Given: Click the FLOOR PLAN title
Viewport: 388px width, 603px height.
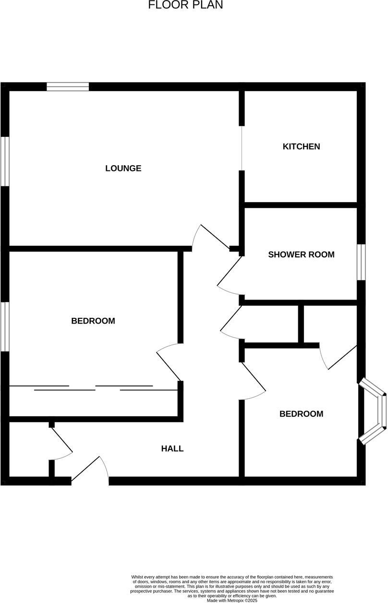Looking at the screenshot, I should coord(185,5).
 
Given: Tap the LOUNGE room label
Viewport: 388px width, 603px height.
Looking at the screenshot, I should coord(123,168).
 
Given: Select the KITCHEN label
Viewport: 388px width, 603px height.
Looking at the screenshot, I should coord(301,146).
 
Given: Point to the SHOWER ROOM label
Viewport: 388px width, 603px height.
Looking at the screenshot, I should coord(301,254).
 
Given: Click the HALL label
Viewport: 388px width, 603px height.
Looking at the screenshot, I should coord(172,449).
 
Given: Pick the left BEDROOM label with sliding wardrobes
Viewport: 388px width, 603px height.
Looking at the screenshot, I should coord(93,321).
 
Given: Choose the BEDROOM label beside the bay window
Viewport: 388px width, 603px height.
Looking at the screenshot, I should coord(301,414).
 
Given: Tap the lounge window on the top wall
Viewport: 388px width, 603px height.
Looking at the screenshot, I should coord(68,86).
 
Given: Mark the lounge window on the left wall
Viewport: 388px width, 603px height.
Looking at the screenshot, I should coord(4,161).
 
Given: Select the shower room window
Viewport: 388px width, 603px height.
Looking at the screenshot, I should coord(361,262).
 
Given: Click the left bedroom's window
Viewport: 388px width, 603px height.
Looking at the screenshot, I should coord(4,326).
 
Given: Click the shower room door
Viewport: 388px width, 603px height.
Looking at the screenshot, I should coord(228,276).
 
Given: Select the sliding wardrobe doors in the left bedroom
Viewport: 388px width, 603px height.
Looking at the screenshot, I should coord(94,388).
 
